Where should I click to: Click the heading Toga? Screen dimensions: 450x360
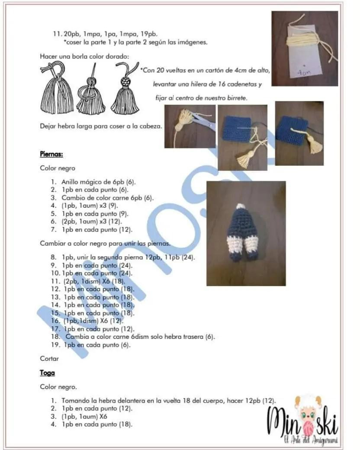47,373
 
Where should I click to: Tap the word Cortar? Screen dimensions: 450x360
49,358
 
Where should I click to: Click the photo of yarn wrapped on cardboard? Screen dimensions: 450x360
305,48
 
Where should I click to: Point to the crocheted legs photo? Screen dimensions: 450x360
246,233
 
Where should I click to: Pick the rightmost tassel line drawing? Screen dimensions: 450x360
125,88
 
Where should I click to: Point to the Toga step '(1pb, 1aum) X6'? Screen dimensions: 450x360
84,416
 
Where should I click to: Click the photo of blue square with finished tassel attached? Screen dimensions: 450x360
299,133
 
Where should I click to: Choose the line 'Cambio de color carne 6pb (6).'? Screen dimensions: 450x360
107,198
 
